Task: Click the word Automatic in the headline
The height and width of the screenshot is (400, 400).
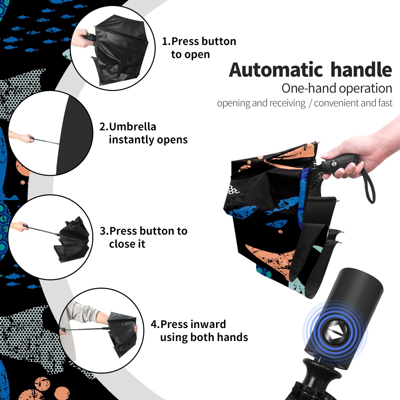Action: coord(276,70)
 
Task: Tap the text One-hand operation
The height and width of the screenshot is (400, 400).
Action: coord(337,88)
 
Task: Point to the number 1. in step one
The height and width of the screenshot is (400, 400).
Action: coord(166,41)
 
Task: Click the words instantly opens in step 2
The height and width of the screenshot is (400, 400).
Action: coord(148,139)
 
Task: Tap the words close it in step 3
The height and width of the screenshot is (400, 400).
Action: coord(127,244)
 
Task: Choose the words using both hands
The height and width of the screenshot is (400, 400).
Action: coord(204,337)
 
